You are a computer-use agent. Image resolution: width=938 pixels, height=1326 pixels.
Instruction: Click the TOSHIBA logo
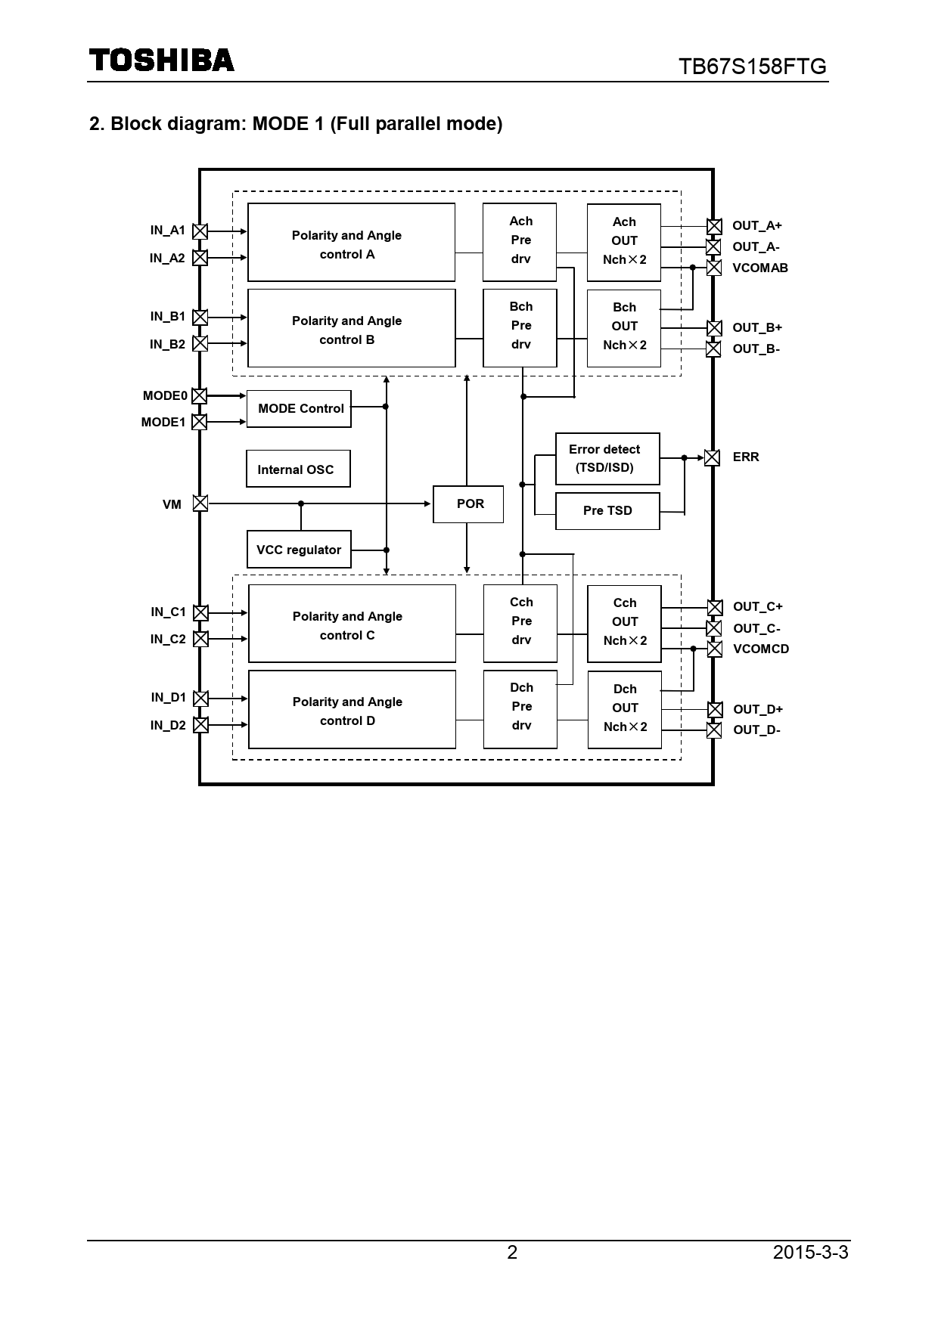[162, 60]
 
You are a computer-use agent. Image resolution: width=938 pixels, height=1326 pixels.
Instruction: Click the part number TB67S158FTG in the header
[752, 67]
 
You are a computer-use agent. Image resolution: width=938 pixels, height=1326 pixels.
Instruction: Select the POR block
[468, 504]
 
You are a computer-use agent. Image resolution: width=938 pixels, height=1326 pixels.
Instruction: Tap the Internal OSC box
[298, 469]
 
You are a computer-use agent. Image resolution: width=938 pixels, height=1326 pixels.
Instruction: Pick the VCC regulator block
[299, 550]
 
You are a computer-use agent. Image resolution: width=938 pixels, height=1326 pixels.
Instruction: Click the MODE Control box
[299, 409]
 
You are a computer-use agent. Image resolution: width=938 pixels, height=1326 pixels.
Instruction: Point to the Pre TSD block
[607, 511]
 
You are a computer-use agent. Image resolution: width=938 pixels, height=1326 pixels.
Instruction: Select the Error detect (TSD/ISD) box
[607, 459]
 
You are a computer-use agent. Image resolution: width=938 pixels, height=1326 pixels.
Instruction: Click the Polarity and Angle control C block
[352, 624]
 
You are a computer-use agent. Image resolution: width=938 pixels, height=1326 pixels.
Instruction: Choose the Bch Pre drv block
[520, 327]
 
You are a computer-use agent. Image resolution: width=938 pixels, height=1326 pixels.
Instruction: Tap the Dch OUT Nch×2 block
[624, 709]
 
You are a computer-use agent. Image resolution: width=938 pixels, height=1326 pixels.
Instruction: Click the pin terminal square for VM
[200, 503]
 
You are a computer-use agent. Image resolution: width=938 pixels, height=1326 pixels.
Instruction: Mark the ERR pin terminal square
[712, 457]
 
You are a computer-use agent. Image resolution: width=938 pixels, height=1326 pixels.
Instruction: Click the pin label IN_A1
[167, 231]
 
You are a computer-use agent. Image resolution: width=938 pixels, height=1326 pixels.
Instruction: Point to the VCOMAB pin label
[759, 268]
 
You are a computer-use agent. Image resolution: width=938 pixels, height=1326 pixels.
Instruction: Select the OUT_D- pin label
[756, 730]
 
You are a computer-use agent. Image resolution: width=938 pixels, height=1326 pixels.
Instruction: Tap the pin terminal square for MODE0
[199, 395]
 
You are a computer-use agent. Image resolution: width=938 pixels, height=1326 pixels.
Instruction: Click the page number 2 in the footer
[512, 1253]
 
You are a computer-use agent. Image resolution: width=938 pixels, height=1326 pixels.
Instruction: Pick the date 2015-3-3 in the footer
[810, 1253]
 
